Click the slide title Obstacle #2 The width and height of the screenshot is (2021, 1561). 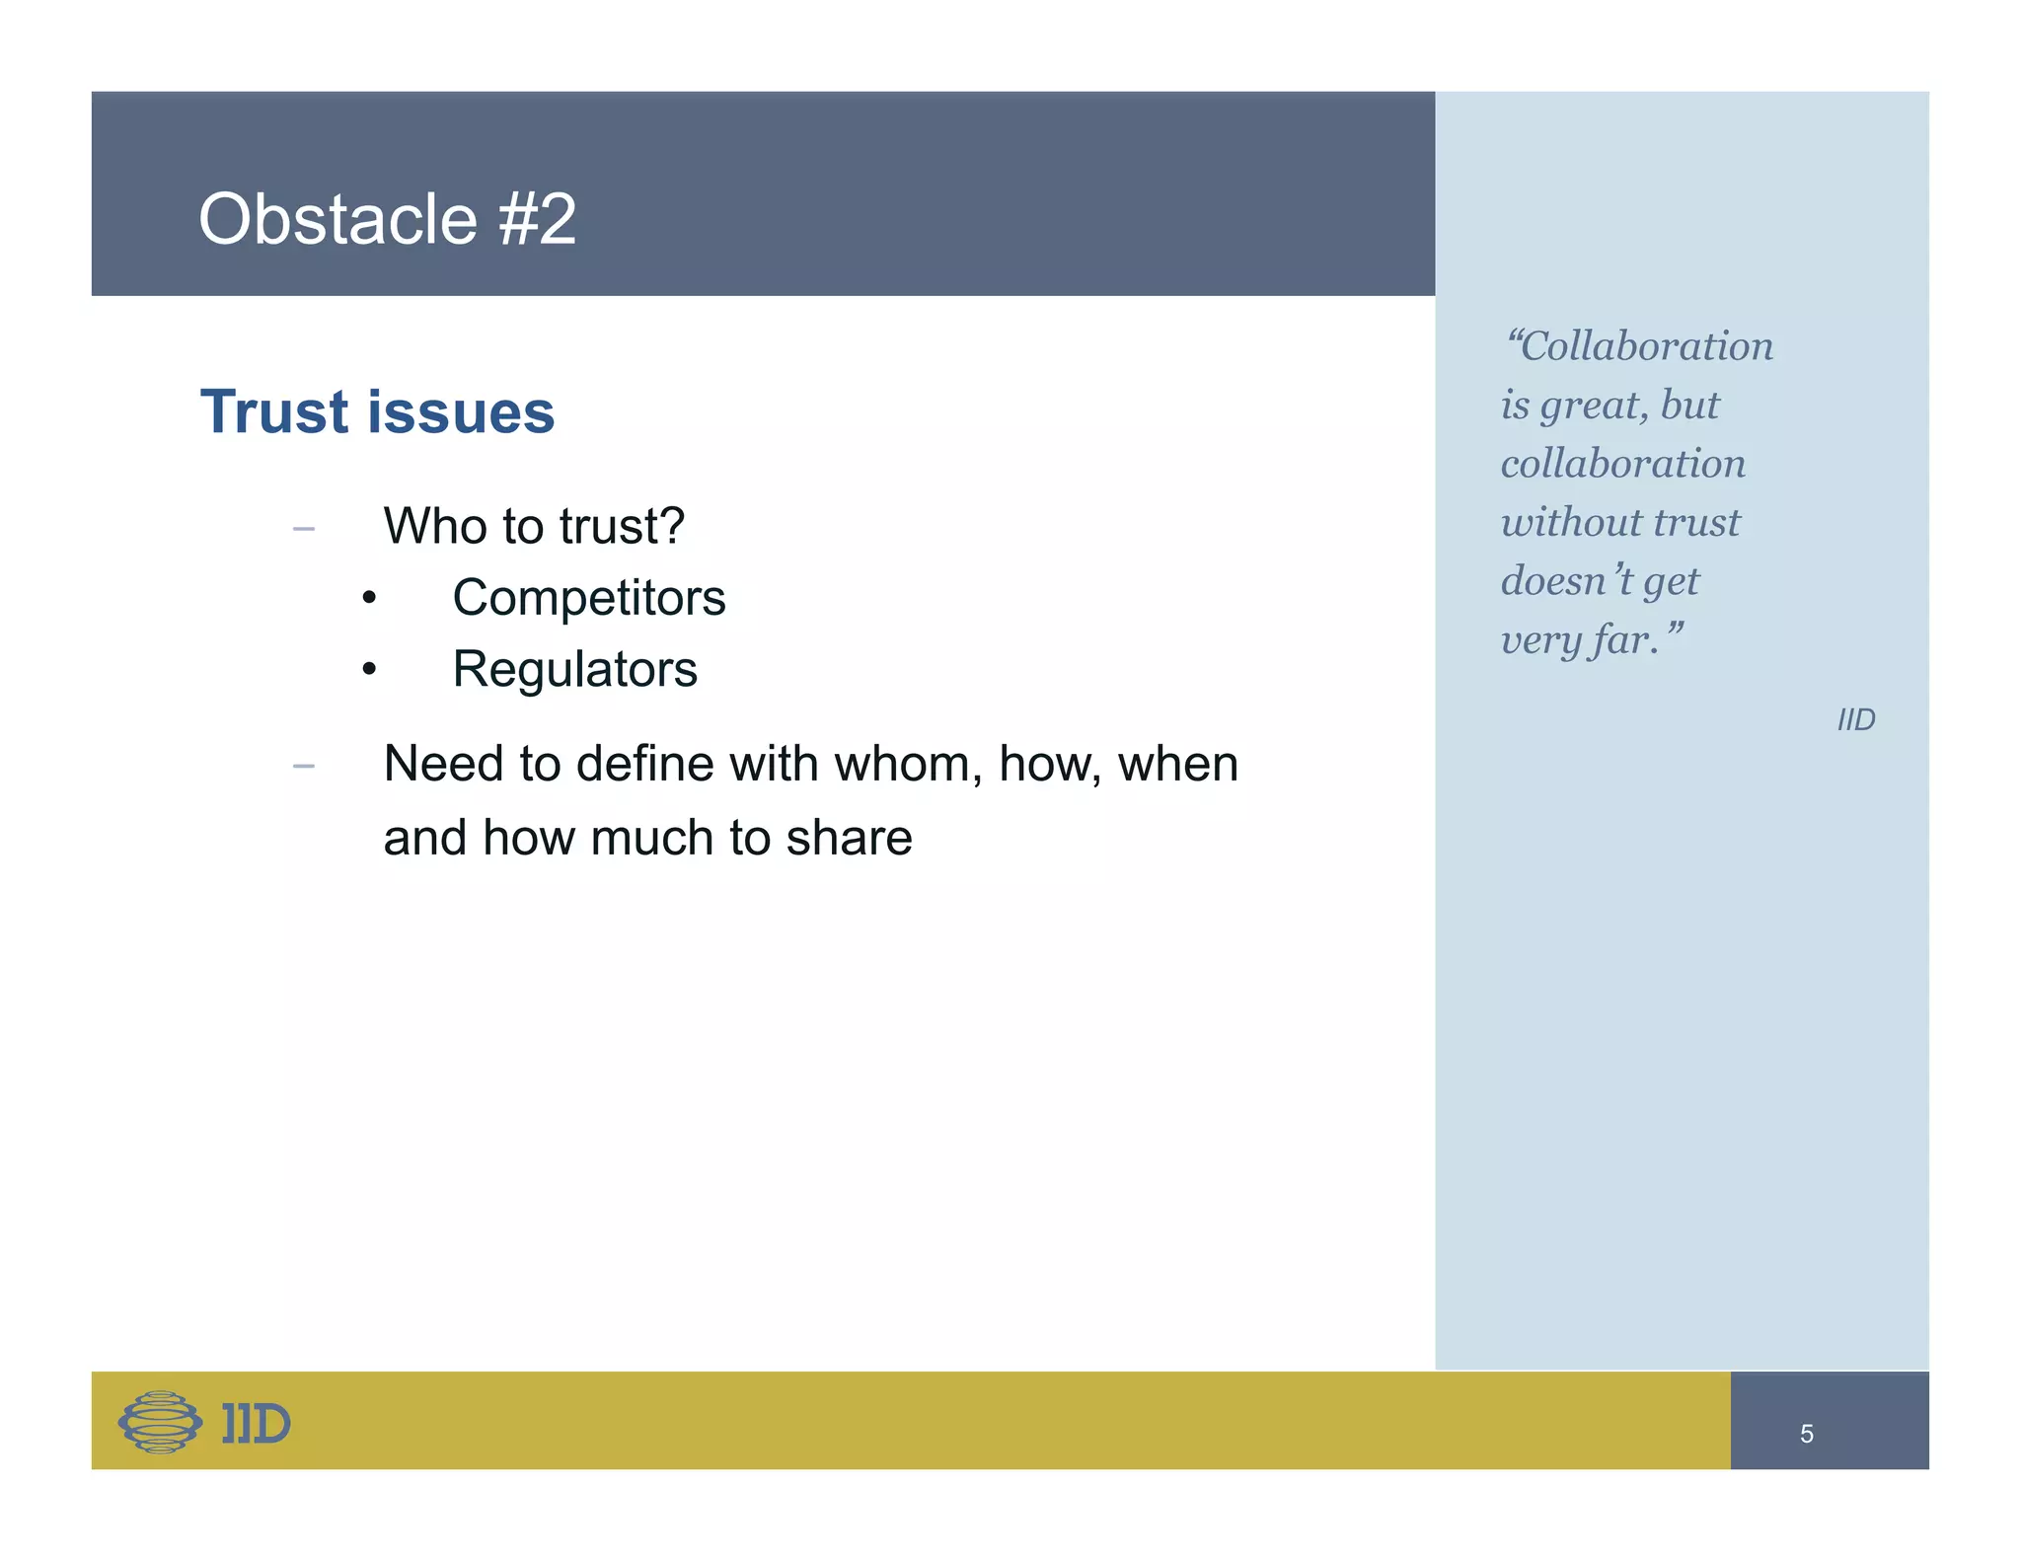click(x=387, y=219)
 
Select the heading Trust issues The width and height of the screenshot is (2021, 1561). click(x=377, y=411)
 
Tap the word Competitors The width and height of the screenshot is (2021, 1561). click(x=588, y=598)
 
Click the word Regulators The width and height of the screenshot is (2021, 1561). click(x=574, y=670)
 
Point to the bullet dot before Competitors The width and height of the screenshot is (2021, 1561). click(x=369, y=599)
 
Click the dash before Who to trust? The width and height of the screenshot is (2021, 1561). click(x=304, y=530)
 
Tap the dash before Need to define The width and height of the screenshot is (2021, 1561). click(x=304, y=766)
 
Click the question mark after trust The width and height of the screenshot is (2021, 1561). click(x=672, y=526)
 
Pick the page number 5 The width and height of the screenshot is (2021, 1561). click(x=1806, y=1434)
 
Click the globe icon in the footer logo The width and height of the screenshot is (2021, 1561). click(x=160, y=1422)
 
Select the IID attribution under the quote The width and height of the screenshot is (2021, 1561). click(x=1855, y=720)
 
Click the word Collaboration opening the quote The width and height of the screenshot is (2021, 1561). click(x=1646, y=347)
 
